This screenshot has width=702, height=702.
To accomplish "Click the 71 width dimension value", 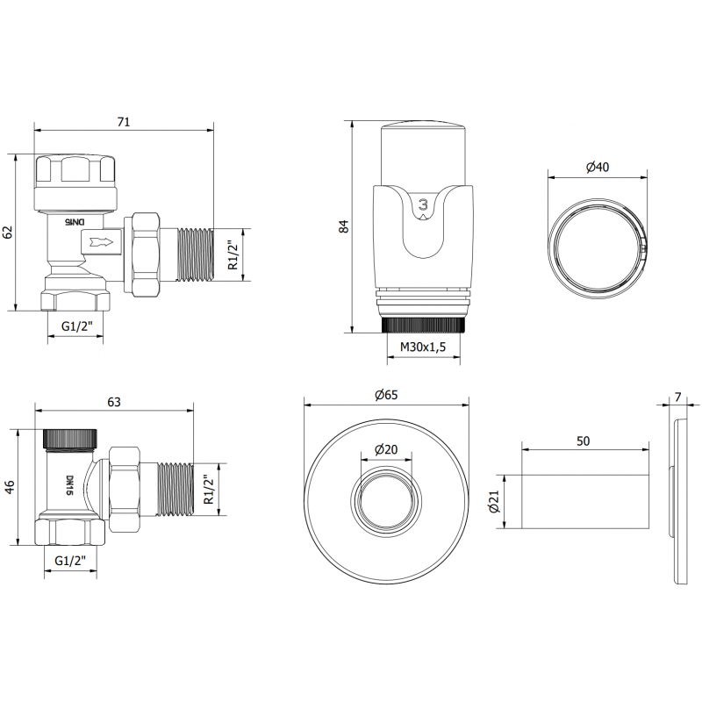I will pos(123,122).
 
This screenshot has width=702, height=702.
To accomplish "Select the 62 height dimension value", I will pos(8,232).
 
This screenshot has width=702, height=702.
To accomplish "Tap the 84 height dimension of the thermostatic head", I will pos(344,226).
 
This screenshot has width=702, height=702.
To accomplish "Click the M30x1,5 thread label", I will pos(424,347).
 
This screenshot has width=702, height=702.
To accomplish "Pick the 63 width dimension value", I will pos(113,402).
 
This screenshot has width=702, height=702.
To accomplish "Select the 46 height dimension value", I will pos(11,487).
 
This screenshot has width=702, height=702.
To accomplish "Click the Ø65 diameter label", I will pos(386,395).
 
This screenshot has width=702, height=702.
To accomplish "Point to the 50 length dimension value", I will pos(583,440).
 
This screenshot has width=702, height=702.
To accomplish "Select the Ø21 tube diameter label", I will pos(494,503).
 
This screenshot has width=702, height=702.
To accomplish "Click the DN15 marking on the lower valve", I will pos(69,485).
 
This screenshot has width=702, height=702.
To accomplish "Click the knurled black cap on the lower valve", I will pos(72,436).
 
